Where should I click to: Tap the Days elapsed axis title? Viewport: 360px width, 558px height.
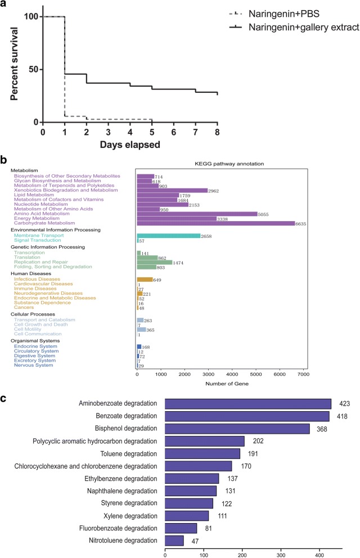point(130,145)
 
